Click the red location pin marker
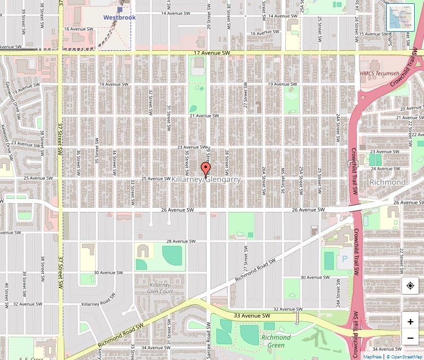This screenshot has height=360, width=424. (x=206, y=169)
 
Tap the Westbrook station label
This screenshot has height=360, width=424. (x=120, y=17)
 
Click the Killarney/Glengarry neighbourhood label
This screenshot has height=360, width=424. (x=206, y=179)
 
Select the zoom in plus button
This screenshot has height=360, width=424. (x=410, y=322)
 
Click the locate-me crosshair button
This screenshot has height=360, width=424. (x=410, y=286)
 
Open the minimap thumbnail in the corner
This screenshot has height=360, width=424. (x=401, y=18)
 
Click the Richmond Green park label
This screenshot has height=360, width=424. (x=276, y=341)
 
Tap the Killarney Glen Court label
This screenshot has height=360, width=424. (x=160, y=288)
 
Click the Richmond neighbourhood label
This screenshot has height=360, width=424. (x=387, y=182)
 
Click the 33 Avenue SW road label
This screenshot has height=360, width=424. (x=252, y=316)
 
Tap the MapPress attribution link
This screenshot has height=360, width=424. (x=373, y=357)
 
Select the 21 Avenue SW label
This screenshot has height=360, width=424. (x=204, y=116)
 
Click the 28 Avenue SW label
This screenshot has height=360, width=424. (x=180, y=241)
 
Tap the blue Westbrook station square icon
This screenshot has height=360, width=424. (x=120, y=9)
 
